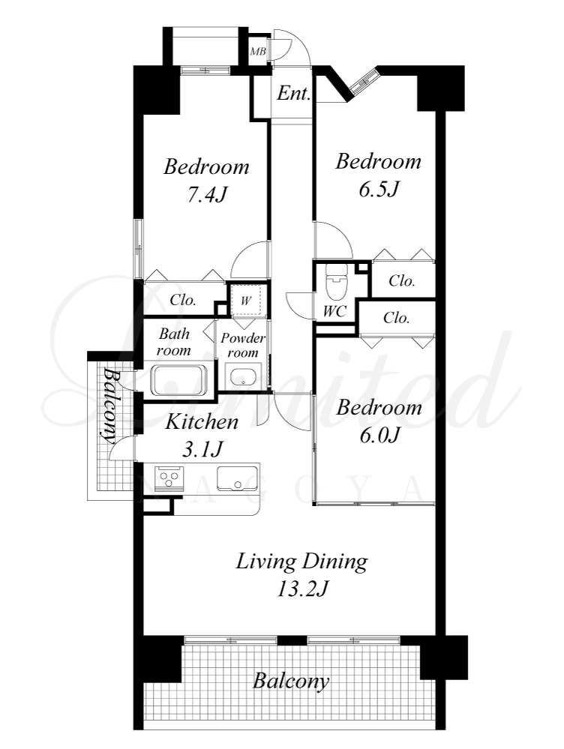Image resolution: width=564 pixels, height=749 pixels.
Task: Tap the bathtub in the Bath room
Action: click(179, 380)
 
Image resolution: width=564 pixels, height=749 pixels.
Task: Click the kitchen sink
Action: click(237, 478)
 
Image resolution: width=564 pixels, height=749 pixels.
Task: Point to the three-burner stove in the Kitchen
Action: click(169, 478)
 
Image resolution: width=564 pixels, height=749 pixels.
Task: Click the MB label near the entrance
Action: click(258, 51)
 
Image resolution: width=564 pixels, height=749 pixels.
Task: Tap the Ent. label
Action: click(293, 93)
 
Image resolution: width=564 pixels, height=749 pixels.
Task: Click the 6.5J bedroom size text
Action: click(379, 189)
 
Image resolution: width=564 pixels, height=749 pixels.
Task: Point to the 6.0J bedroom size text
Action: click(379, 435)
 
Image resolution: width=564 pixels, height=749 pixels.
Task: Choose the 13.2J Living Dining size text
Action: click(302, 589)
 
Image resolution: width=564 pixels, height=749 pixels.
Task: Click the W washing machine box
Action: click(246, 300)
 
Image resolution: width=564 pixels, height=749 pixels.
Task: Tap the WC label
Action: click(334, 311)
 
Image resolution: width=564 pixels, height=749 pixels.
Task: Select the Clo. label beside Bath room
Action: click(183, 300)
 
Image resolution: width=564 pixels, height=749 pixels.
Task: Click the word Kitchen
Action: click(201, 422)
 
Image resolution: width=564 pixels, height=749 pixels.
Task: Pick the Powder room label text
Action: click(243, 345)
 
